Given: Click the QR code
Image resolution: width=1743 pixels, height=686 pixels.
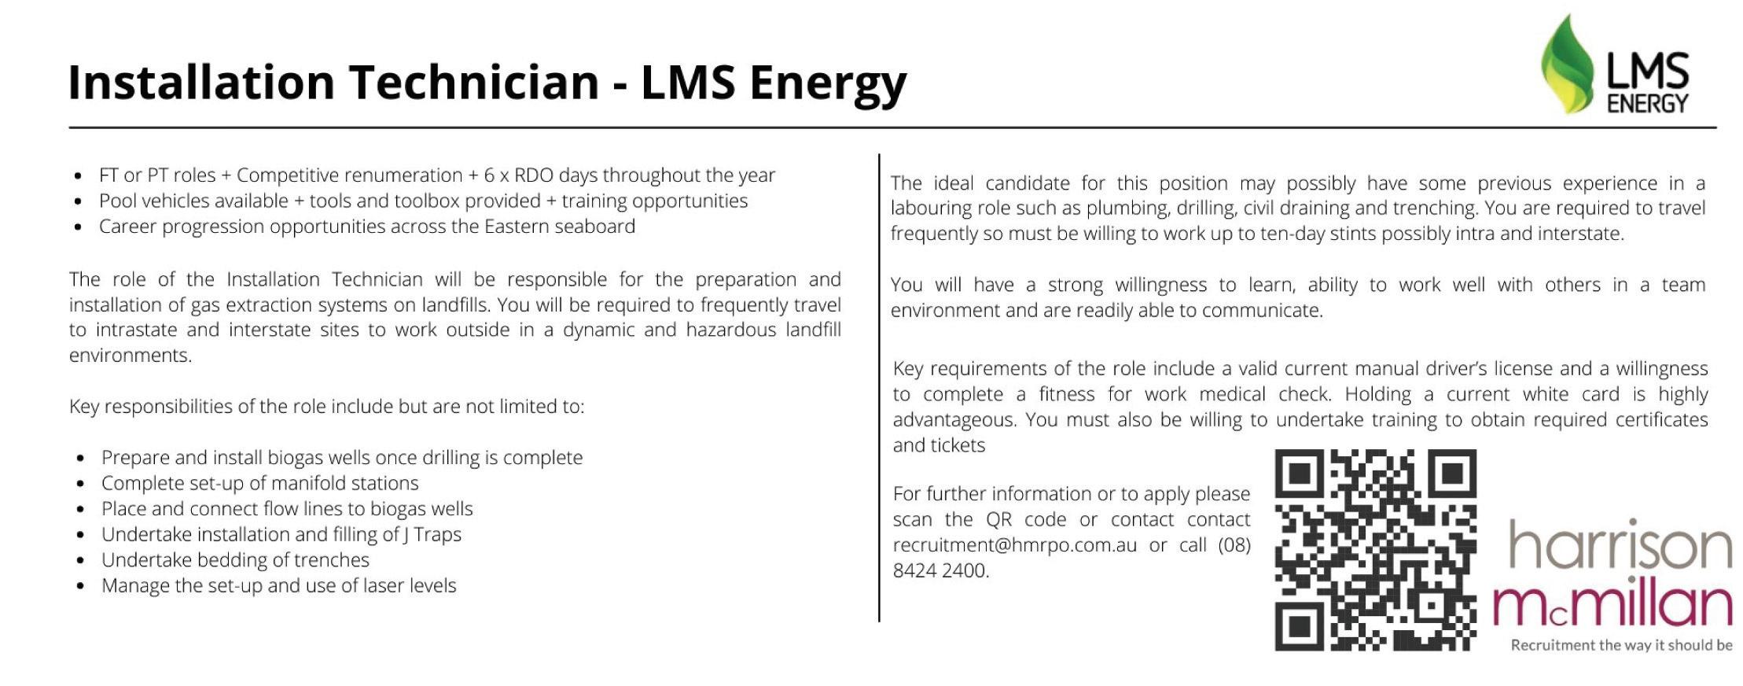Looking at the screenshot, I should pos(1375,550).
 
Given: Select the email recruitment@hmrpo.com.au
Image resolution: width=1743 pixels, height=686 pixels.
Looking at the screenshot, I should pos(1014,545).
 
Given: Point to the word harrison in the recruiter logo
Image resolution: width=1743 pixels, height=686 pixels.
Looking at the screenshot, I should pos(1620,546).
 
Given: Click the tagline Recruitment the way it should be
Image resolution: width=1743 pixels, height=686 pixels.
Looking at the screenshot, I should pos(1621,646).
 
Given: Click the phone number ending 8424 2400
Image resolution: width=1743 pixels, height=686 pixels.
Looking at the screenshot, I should pos(940,571).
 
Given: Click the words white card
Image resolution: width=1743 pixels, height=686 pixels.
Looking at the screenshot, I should pos(1568,394).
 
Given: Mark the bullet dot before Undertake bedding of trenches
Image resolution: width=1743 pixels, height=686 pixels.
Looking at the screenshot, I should pos(80,561).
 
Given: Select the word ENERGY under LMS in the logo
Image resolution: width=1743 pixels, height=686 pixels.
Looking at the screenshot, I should pos(1647,104).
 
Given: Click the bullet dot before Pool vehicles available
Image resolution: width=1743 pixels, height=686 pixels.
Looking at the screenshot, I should pos(78,201).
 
